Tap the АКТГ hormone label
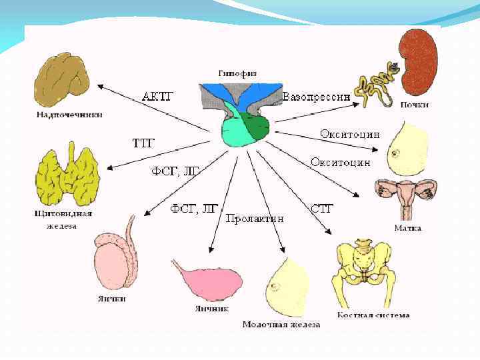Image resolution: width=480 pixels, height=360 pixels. (158, 96)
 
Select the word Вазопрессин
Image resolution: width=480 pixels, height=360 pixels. (317, 97)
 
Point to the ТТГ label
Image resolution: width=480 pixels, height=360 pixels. (144, 143)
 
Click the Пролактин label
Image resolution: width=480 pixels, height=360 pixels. (255, 218)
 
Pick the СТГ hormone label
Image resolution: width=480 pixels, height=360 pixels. (322, 208)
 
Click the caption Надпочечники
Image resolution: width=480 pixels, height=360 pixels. (69, 114)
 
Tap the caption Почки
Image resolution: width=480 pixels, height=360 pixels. (415, 105)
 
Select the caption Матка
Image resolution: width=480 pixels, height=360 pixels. (407, 228)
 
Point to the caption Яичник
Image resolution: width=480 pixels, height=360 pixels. (212, 309)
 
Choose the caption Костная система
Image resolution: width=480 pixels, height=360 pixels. (373, 314)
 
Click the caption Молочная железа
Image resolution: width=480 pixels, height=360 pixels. (281, 325)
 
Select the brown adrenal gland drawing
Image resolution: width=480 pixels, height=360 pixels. (64, 80)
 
